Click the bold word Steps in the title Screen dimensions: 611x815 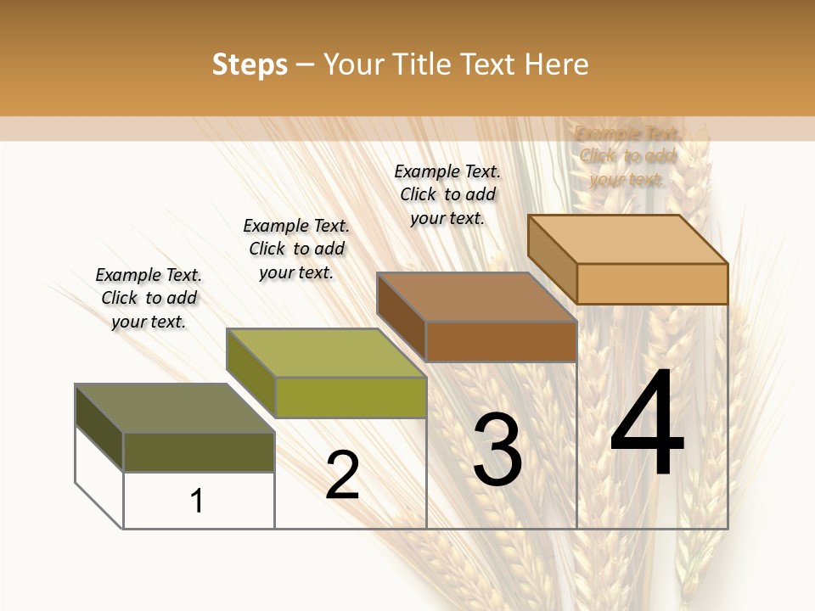pos(250,64)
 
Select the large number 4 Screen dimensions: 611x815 pos(647,424)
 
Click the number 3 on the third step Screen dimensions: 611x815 pos(497,450)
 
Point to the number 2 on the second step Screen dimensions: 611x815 pos(342,475)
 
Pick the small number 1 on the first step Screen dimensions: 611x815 pos(197,501)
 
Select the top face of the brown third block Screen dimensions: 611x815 pos(476,297)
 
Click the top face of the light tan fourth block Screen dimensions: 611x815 pos(627,239)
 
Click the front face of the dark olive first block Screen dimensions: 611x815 pos(199,452)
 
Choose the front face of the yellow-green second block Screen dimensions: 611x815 pos(351,397)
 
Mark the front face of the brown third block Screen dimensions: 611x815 pos(501,341)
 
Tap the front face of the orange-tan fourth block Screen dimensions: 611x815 pos(652,283)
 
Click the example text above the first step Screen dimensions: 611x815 pos(149,298)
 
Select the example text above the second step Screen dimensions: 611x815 pos(296,249)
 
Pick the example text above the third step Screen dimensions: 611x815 pos(447,194)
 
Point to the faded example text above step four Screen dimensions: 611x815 pos(627,156)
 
